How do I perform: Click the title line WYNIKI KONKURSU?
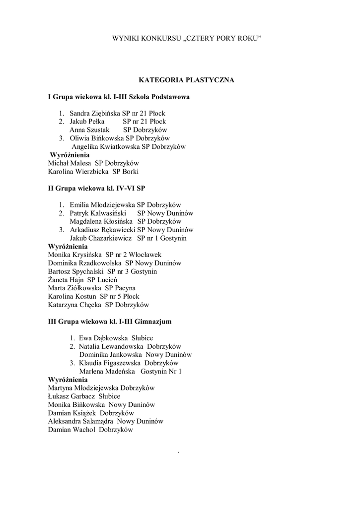tap(187, 39)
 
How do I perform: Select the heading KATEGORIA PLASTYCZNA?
tap(186, 79)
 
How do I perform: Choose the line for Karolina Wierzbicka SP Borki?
tap(93, 172)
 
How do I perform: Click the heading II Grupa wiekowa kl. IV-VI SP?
tap(96, 189)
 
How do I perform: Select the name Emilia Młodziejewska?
tap(102, 205)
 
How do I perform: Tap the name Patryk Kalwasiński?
tap(97, 213)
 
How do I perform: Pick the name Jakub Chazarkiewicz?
tap(100, 239)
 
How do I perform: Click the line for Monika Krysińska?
tap(104, 255)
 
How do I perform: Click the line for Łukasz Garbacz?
tap(84, 396)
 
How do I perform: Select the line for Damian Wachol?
tap(90, 430)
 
